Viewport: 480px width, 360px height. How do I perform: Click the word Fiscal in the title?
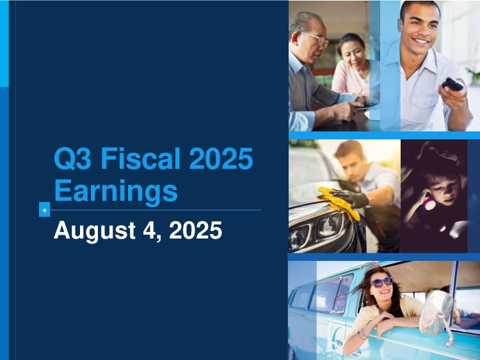point(141,158)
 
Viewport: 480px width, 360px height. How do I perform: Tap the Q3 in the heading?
point(72,159)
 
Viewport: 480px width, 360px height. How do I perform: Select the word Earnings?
point(116,191)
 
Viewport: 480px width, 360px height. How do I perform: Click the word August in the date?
point(94,231)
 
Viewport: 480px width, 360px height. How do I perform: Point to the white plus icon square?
point(44,210)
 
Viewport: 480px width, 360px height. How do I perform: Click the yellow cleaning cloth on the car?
point(338,202)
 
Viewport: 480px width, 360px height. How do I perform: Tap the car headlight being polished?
point(330,226)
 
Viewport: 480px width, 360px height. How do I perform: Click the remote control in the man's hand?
point(452,84)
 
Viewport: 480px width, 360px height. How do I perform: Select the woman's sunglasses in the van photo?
point(381,282)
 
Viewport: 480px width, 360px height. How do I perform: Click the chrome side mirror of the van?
point(436,313)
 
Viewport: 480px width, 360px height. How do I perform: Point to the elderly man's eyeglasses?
point(317,39)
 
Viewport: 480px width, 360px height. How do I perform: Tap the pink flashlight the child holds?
point(429,203)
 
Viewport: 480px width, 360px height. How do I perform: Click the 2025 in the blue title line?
point(221,158)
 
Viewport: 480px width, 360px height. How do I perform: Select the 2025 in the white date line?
point(195,230)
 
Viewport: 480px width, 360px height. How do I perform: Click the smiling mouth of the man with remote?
point(421,40)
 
